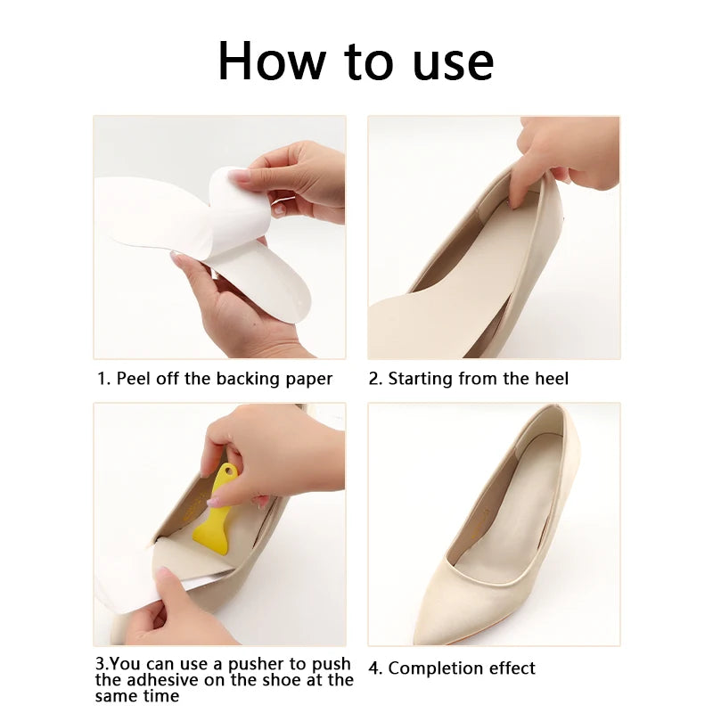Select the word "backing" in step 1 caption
(x=247, y=379)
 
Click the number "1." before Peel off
(x=104, y=379)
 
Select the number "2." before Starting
(x=376, y=379)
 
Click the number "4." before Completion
(x=376, y=668)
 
